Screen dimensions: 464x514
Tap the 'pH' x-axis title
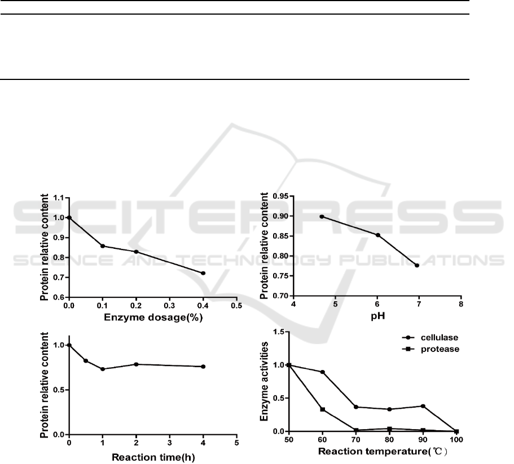point(377,318)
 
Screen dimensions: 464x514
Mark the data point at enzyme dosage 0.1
point(102,246)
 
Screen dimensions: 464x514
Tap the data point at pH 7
point(417,265)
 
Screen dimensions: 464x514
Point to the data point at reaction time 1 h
point(102,369)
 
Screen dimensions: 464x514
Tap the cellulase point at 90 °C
point(423,406)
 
